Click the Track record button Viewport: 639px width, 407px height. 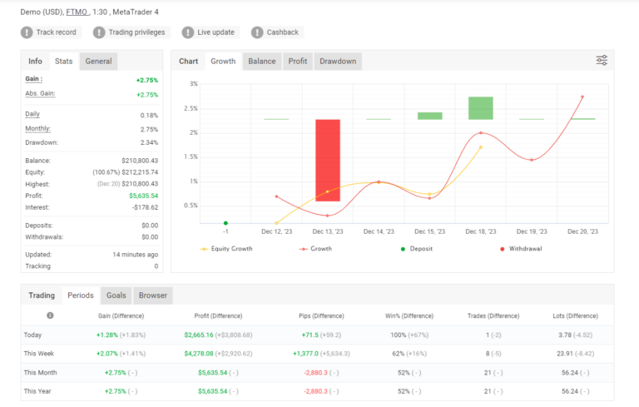50,32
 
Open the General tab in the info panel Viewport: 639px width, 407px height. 98,61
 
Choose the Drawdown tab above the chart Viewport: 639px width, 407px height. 338,61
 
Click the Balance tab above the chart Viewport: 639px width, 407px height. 261,61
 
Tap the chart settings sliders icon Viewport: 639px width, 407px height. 602,61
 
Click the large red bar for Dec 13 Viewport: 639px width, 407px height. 327,160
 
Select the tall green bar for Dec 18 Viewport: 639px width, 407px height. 480,108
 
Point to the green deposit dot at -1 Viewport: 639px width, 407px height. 225,223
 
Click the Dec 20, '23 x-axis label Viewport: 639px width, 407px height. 582,232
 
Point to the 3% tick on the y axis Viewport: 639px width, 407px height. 193,84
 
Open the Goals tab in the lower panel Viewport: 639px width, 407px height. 116,295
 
